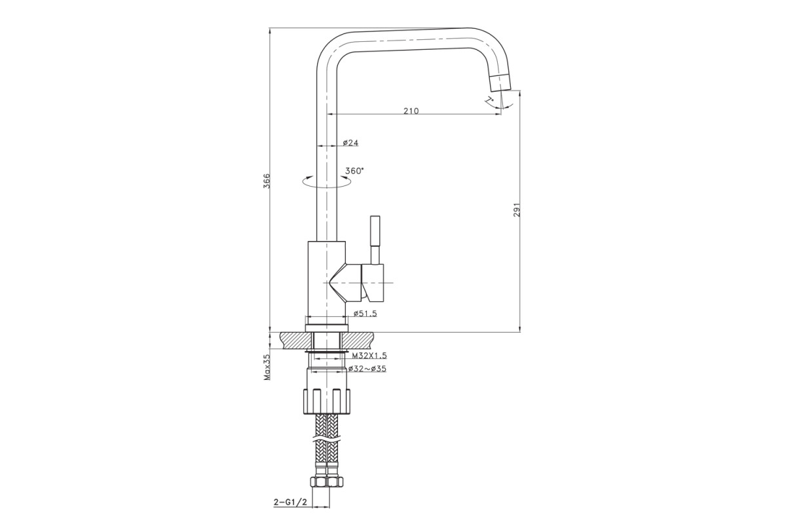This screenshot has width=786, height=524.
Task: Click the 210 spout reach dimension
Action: point(411,111)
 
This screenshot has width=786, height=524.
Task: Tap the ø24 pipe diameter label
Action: point(350,143)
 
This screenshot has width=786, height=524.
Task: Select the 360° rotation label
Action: point(354,171)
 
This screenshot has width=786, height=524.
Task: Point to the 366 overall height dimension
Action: point(267,181)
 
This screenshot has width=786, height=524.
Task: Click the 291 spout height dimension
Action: point(517,210)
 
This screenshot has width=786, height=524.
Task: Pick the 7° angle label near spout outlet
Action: point(489,100)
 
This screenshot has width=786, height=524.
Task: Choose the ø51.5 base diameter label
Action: point(365,313)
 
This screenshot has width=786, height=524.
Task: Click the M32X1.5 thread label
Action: point(369,356)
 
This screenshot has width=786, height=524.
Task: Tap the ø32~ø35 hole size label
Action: point(367,369)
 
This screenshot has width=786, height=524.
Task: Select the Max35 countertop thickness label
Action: point(267,367)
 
